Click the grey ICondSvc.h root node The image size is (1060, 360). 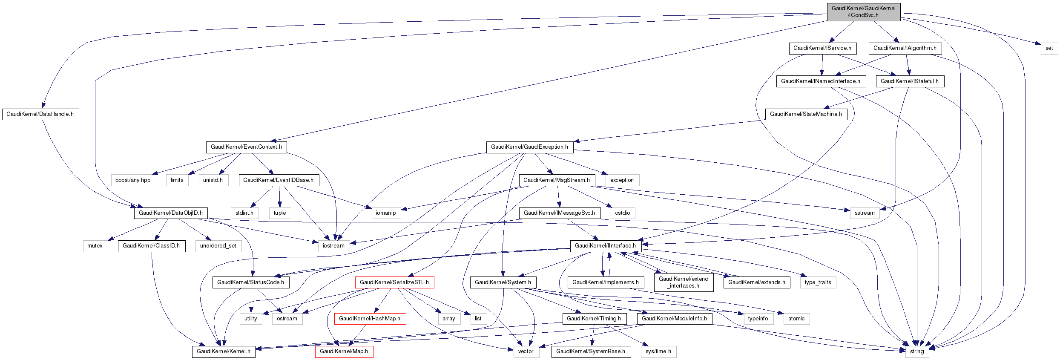(863, 12)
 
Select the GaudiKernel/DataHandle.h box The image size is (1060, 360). (40, 114)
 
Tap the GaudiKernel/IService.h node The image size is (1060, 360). (822, 48)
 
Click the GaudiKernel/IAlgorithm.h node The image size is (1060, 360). (905, 48)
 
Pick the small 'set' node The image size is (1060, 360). (1049, 48)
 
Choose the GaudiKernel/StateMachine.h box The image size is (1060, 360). (806, 114)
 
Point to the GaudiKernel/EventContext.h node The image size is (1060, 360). (246, 147)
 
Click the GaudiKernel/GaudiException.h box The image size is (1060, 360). (529, 147)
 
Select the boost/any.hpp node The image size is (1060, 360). (133, 180)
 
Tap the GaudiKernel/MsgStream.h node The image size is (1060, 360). (556, 180)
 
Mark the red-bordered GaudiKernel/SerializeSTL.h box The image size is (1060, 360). (394, 282)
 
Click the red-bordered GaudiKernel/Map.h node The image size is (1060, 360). (344, 351)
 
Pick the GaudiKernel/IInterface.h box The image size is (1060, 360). (605, 246)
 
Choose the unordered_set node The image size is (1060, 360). (218, 246)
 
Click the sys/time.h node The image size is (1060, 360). (658, 351)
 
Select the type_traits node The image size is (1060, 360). (818, 282)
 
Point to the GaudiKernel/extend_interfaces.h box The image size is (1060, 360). (684, 282)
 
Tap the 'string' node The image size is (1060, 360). (916, 351)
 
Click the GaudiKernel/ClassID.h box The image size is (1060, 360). (151, 246)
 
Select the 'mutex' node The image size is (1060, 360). (95, 246)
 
